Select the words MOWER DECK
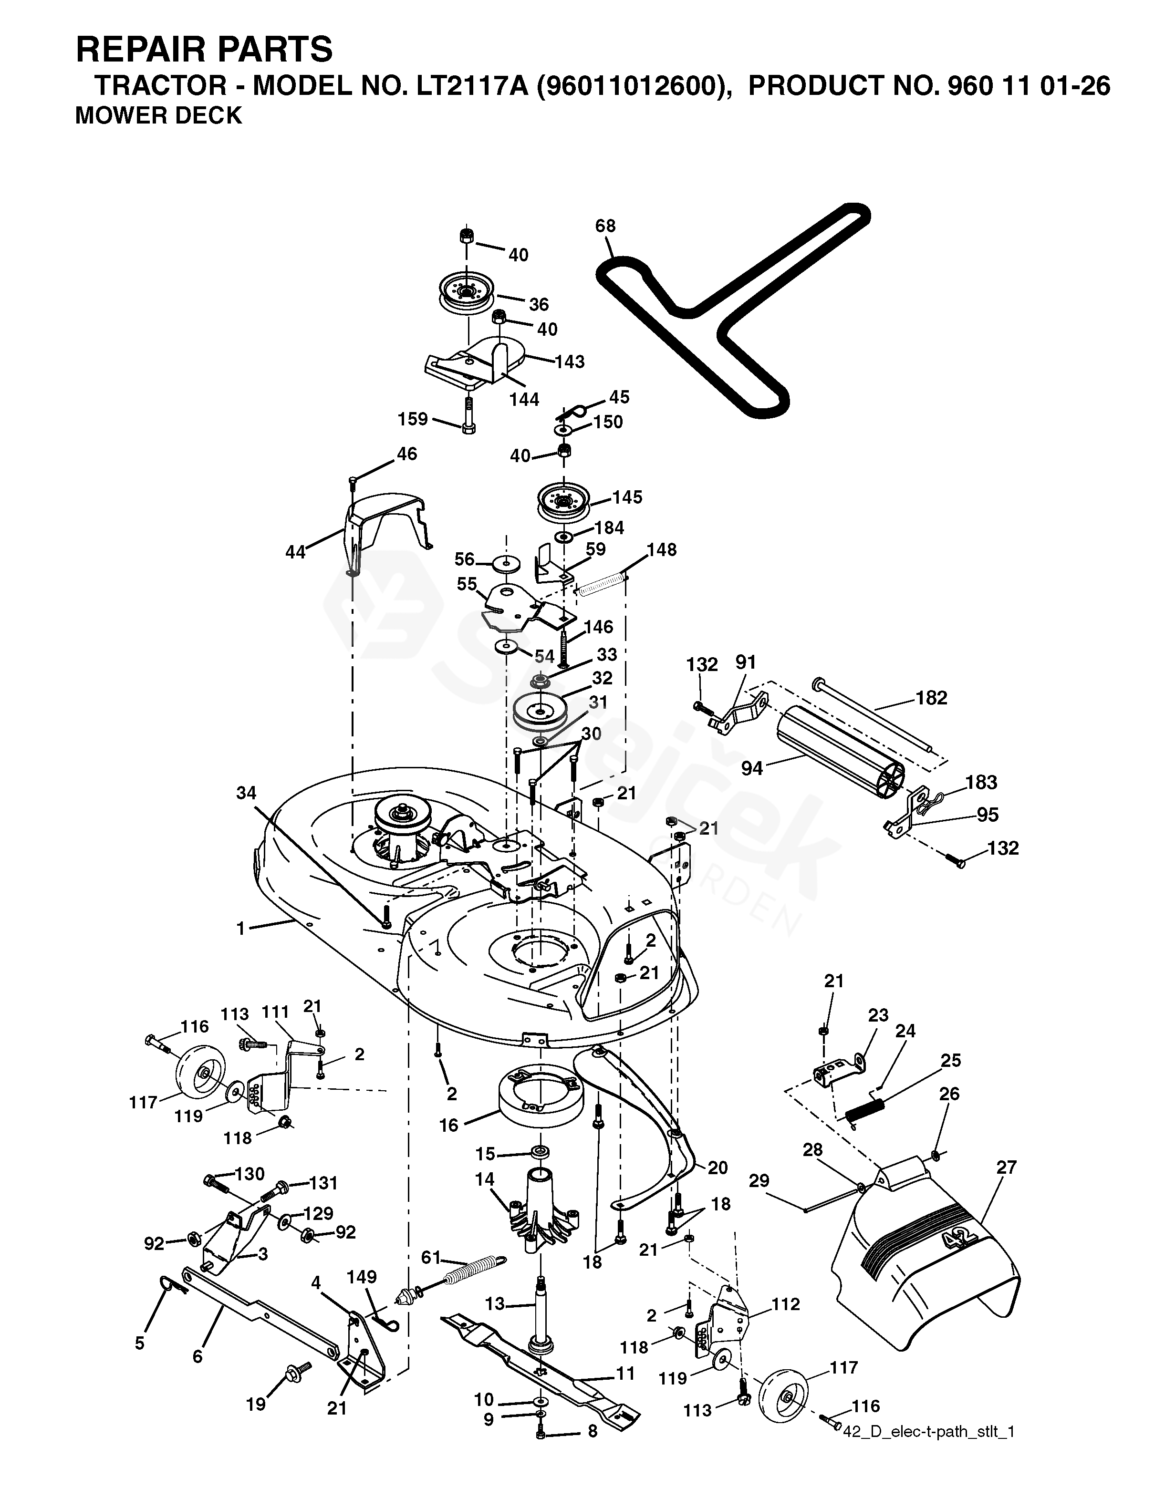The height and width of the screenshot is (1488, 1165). (158, 116)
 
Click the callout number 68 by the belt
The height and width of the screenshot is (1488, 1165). (605, 226)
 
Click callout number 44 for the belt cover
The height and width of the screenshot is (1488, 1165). (295, 552)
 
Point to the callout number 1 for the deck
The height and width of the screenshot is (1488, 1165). (240, 928)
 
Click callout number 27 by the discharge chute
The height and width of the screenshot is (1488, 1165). (1006, 1167)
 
